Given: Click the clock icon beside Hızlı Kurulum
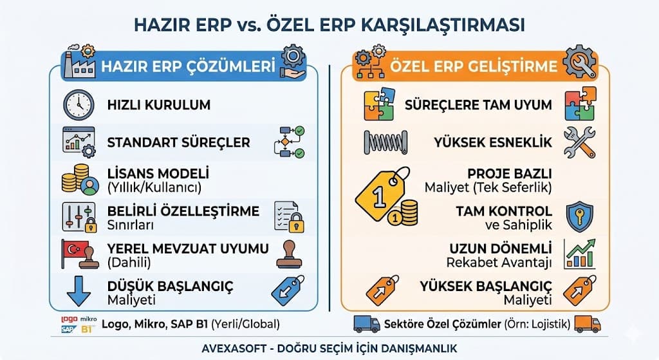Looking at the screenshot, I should (79, 104).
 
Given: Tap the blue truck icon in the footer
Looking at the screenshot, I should (366, 324).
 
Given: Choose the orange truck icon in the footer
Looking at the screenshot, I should (587, 324).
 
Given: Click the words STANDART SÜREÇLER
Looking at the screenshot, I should (178, 142).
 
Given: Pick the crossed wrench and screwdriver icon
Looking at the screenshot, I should (579, 142).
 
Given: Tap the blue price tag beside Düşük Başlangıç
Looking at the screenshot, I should (287, 290).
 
